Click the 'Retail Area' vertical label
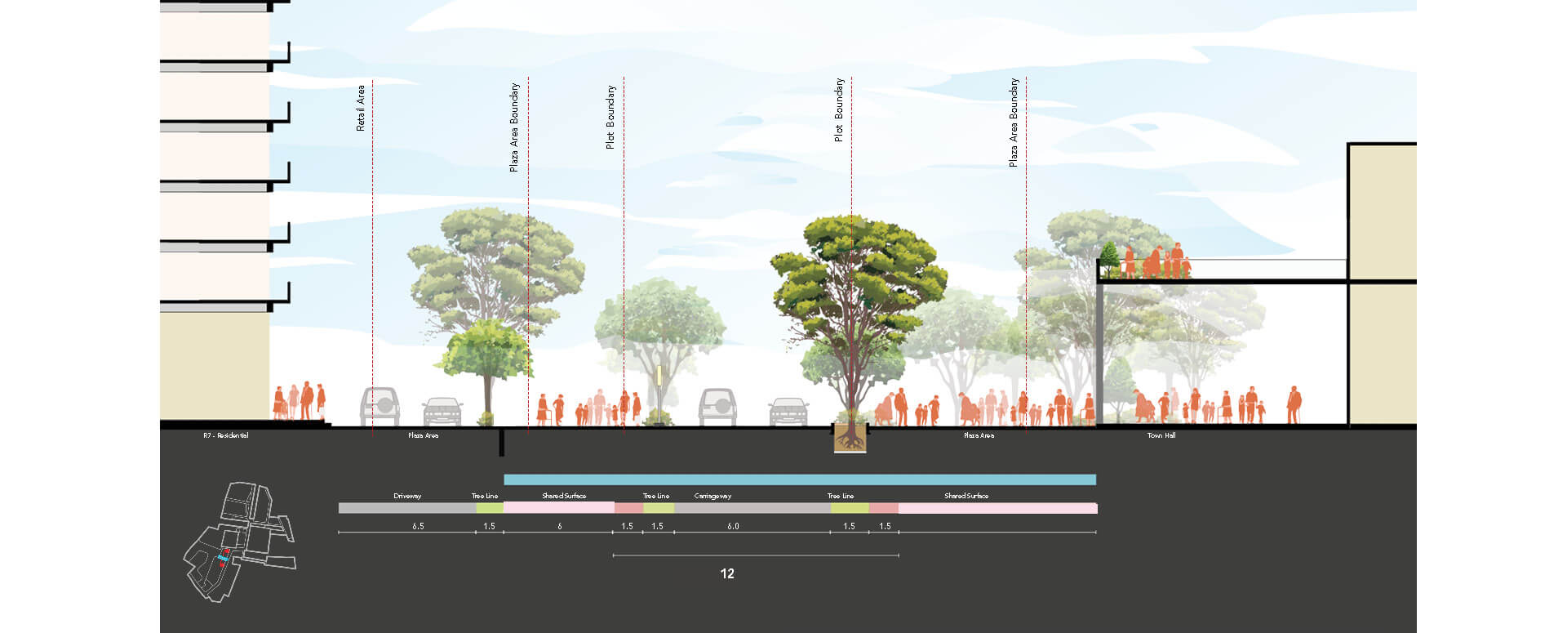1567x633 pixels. coord(361,108)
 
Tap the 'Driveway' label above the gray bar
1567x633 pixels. coord(407,496)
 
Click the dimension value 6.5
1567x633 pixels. coord(418,526)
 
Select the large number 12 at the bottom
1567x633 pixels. coord(727,573)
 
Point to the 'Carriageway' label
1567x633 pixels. coord(712,496)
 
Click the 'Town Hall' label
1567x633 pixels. coord(1161,435)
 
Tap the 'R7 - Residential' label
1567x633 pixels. coord(226,435)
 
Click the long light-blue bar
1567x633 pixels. coord(800,479)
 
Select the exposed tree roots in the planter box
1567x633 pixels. coord(850,439)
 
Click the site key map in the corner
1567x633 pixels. coord(238,541)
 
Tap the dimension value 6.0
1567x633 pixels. coord(733,526)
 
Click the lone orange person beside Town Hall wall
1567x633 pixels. coord(1294,404)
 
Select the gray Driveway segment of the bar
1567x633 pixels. coord(407,508)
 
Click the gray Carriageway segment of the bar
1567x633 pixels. coord(752,508)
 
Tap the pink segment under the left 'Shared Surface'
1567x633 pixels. coord(559,508)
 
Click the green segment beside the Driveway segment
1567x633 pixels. coord(490,508)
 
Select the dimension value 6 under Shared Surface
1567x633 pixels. coord(560,526)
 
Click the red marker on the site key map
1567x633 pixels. coord(222,563)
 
